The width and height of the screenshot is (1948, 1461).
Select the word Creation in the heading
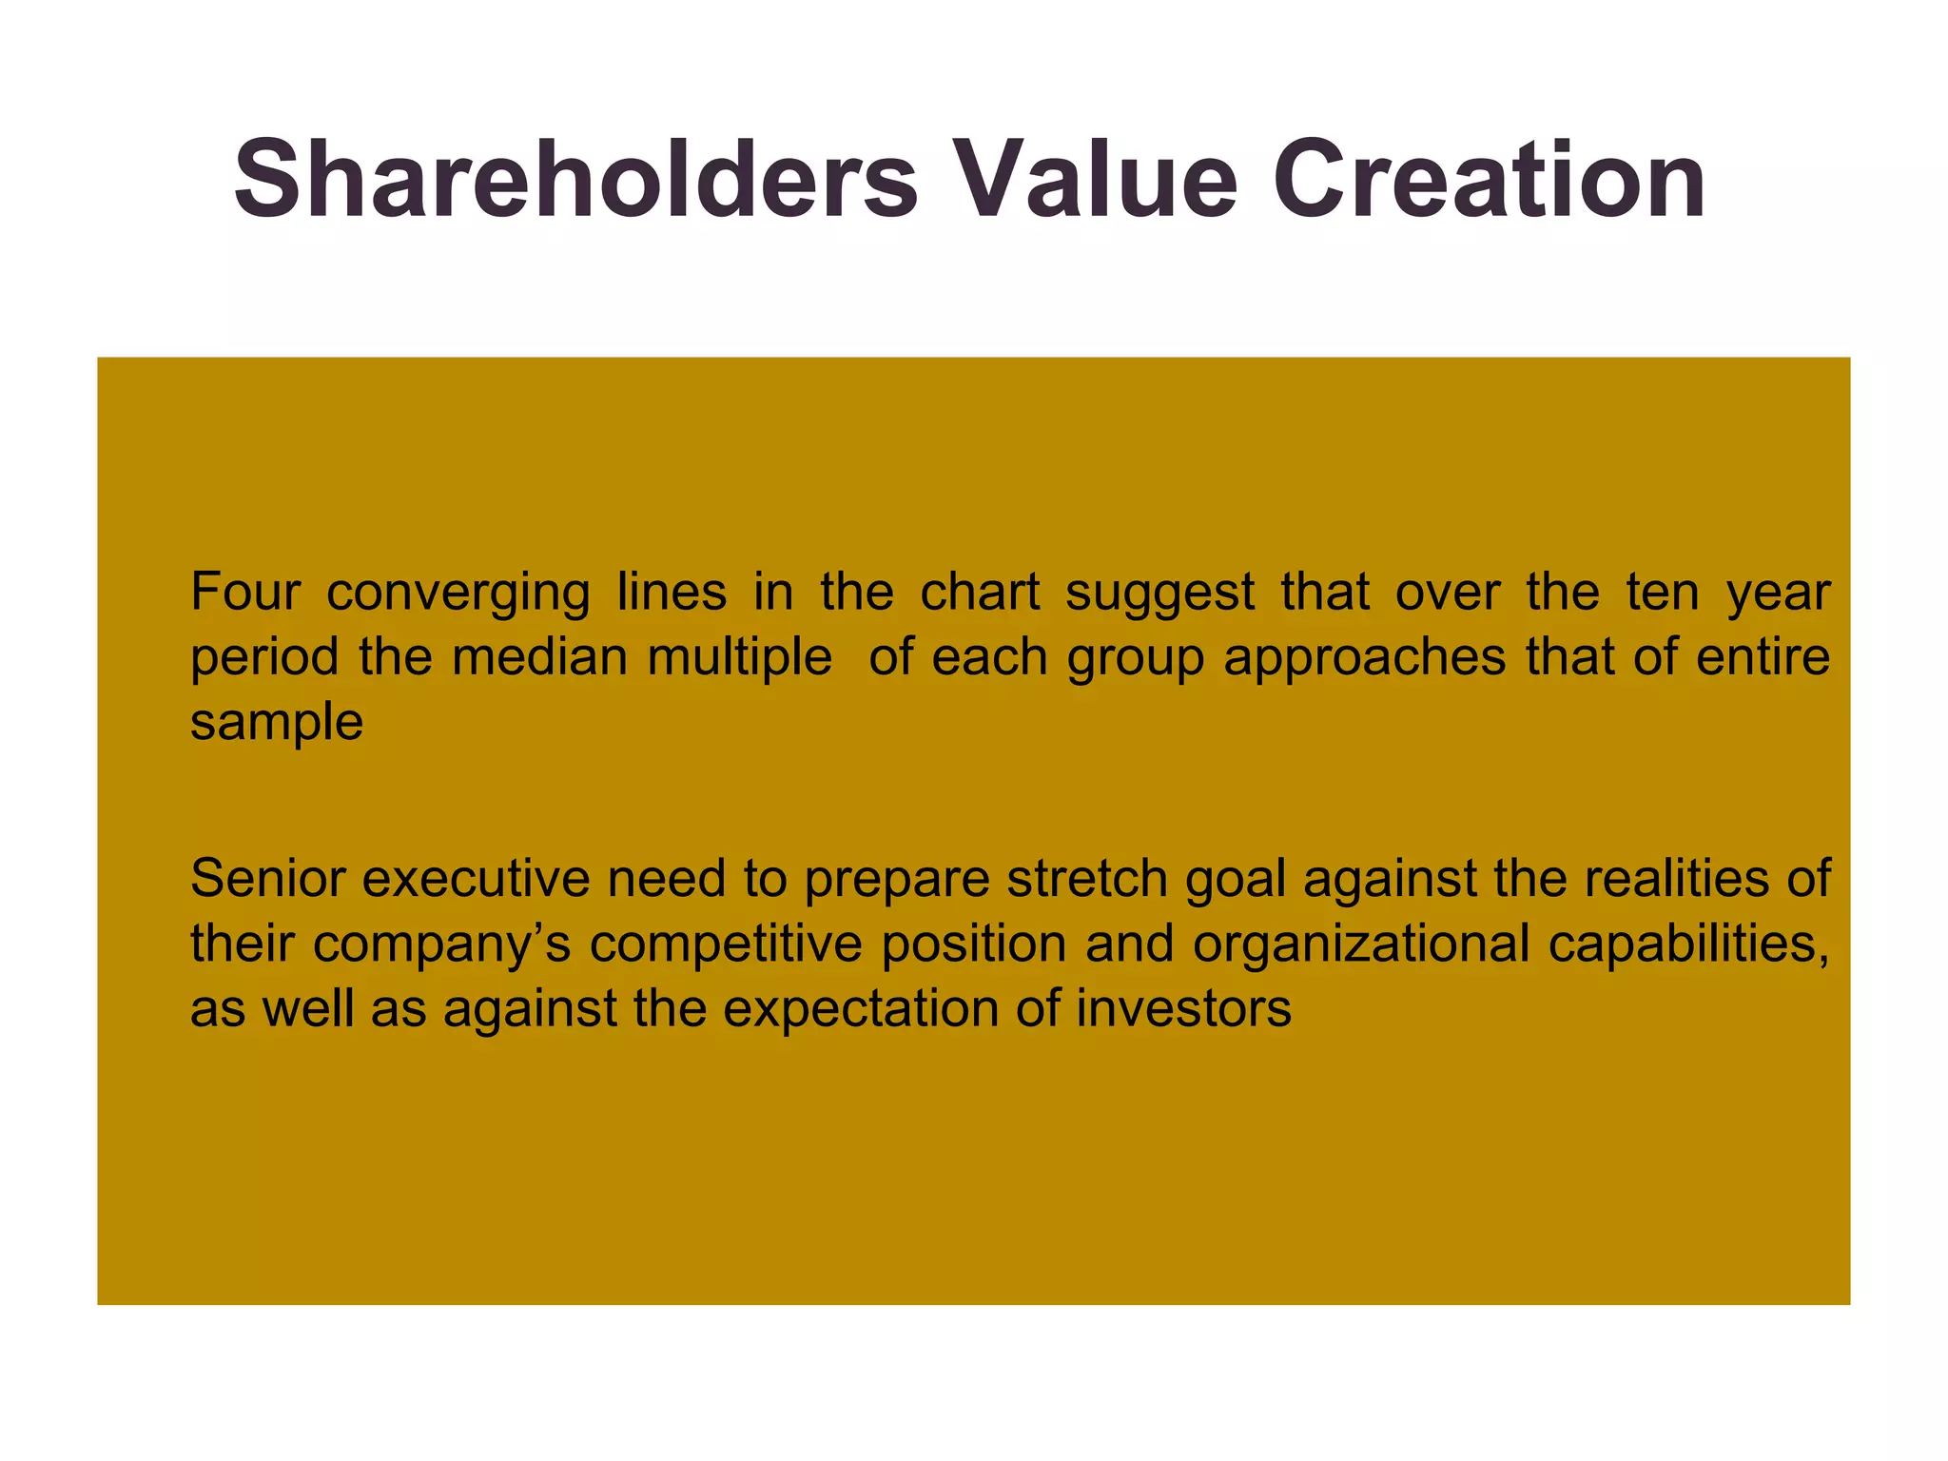pos(1490,180)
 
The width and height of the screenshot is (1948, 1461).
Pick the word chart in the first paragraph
pos(980,592)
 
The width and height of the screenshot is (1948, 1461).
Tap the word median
pos(538,656)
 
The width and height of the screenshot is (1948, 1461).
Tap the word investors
pos(1183,1008)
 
